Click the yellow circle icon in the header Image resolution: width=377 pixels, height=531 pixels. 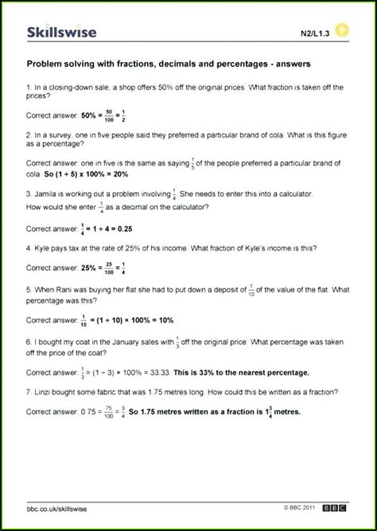click(x=341, y=31)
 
